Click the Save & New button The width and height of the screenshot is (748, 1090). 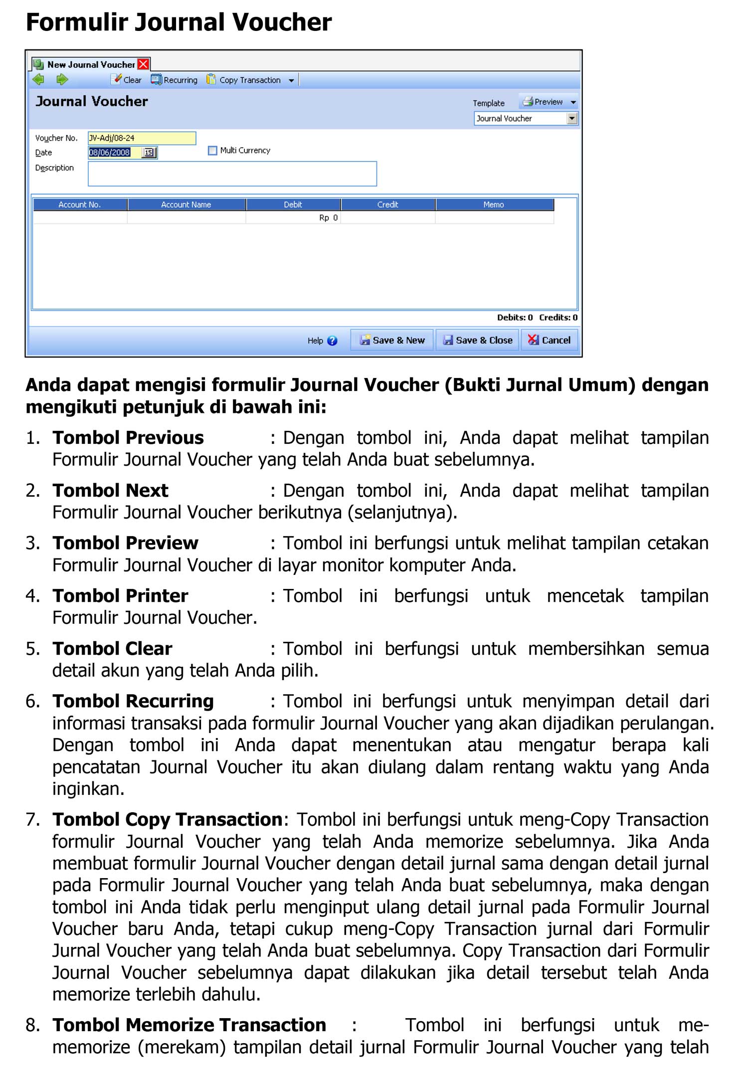tap(392, 340)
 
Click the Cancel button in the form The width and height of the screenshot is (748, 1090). tap(549, 340)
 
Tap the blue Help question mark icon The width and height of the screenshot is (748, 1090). tap(332, 341)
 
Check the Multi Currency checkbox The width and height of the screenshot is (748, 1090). tap(212, 151)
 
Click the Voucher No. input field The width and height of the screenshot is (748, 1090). tap(142, 138)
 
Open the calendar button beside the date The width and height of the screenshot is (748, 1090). tap(149, 153)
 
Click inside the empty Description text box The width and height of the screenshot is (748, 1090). tap(232, 174)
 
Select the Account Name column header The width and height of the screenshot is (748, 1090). tap(186, 204)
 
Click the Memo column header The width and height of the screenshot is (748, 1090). tap(494, 204)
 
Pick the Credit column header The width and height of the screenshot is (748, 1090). tap(387, 204)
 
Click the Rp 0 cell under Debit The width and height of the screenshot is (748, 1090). tap(293, 218)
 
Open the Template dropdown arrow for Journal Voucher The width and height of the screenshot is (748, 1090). tap(572, 119)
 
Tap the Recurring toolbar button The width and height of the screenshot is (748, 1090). tap(175, 80)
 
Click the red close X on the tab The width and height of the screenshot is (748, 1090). tap(143, 64)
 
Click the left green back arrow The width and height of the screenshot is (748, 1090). tap(38, 80)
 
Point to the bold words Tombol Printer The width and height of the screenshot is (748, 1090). tap(120, 596)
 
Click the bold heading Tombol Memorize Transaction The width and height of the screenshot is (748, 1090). tap(189, 1025)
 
